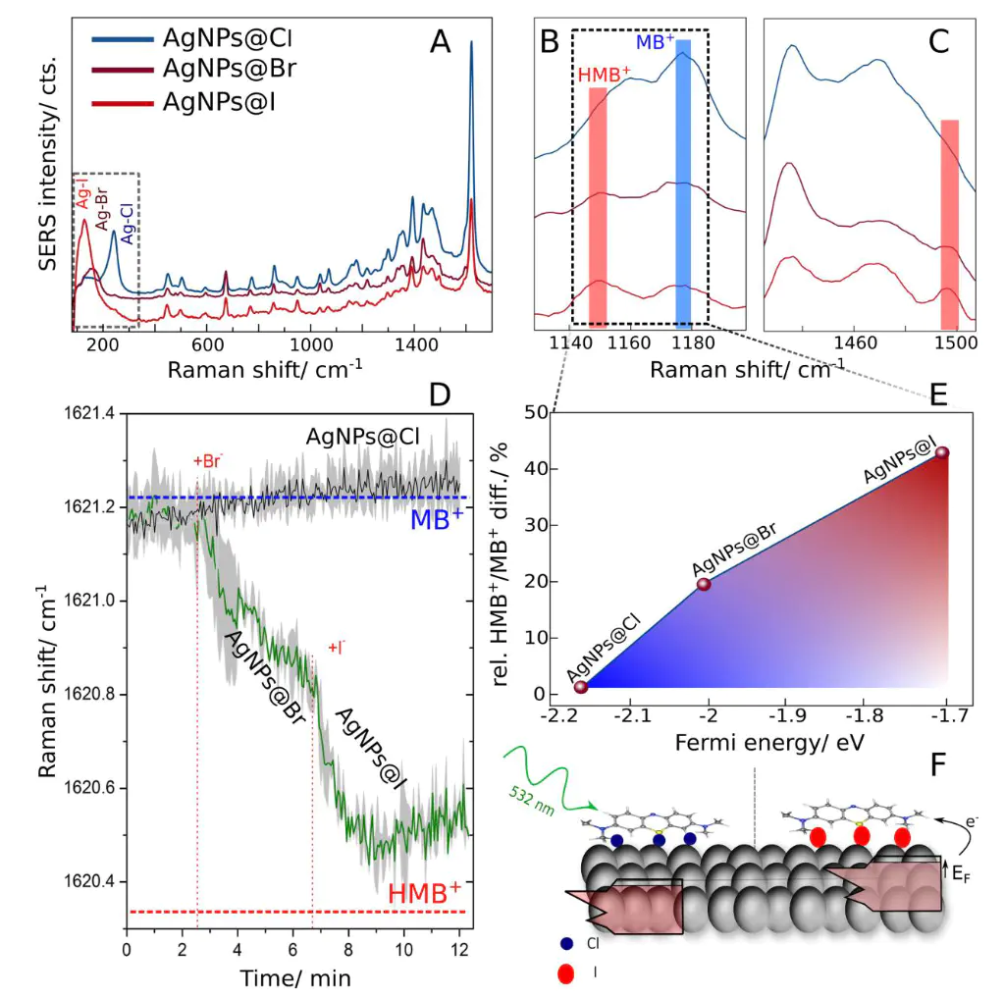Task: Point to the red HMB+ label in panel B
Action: point(605,75)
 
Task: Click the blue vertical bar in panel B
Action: point(683,182)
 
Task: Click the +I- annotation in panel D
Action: point(336,647)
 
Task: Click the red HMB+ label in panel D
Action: point(425,894)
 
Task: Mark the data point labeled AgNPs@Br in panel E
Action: point(704,584)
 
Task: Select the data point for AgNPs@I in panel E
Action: point(942,452)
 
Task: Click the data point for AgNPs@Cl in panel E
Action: point(580,687)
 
